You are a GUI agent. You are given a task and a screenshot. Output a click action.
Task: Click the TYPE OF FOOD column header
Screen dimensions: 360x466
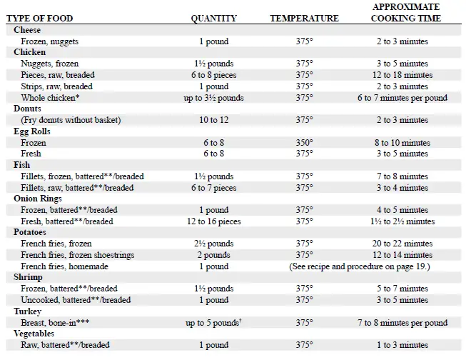coord(41,18)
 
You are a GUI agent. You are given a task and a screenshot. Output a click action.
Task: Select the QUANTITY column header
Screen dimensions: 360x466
coord(214,18)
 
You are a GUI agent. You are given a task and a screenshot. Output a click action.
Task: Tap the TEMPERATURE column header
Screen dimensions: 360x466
coord(304,18)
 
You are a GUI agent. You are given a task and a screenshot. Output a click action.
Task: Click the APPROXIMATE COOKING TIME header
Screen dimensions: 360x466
coord(405,12)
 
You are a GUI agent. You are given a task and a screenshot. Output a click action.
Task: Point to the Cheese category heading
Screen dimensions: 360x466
coord(27,30)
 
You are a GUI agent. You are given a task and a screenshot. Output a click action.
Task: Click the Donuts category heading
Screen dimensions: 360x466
coord(28,109)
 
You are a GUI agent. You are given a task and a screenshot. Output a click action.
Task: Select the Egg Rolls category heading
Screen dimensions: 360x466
coord(31,131)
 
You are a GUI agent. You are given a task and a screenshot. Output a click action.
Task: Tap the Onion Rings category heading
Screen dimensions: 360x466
coord(37,199)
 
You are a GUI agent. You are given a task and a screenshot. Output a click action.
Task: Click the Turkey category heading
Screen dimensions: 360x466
coord(27,311)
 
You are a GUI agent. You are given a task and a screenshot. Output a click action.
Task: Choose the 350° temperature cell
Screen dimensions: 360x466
coord(305,143)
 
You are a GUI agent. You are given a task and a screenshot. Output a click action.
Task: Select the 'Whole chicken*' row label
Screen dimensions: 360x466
coord(49,98)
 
